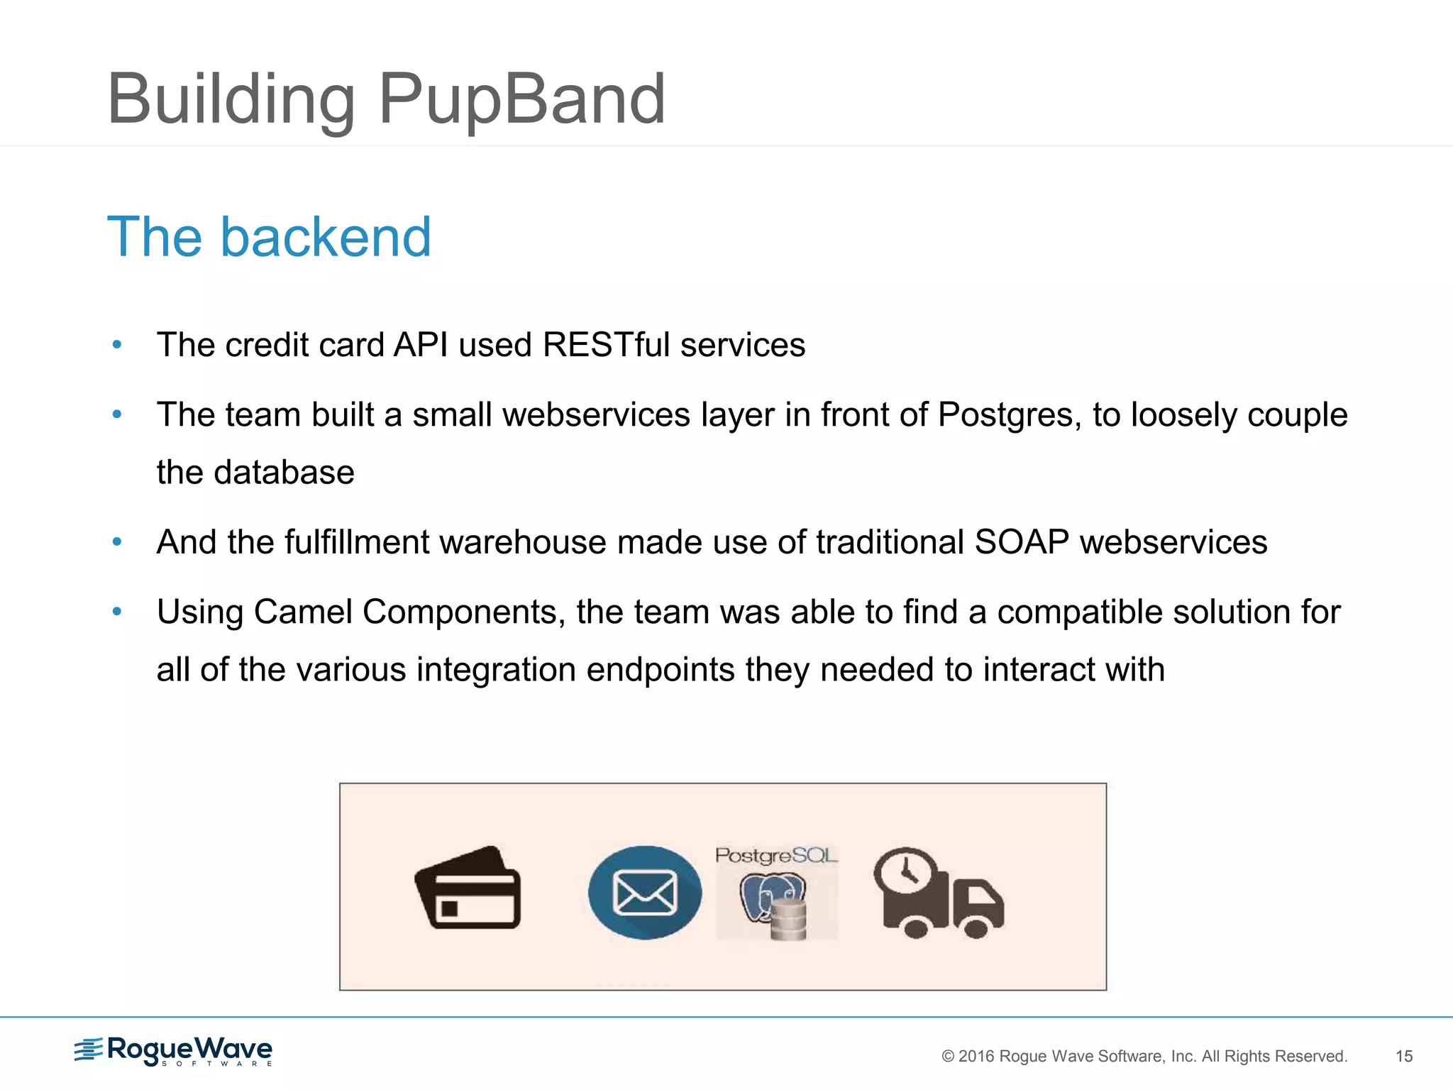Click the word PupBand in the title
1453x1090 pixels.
[521, 99]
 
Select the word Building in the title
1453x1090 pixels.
[231, 99]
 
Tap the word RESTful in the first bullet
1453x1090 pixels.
[606, 345]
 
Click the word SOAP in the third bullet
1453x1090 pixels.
[1022, 542]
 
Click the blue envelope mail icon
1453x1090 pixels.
[644, 892]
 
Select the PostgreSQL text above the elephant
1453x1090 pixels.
[776, 855]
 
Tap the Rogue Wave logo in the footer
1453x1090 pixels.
[174, 1050]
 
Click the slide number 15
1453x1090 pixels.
[1404, 1056]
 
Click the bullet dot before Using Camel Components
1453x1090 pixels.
[118, 611]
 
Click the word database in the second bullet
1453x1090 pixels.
[284, 473]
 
